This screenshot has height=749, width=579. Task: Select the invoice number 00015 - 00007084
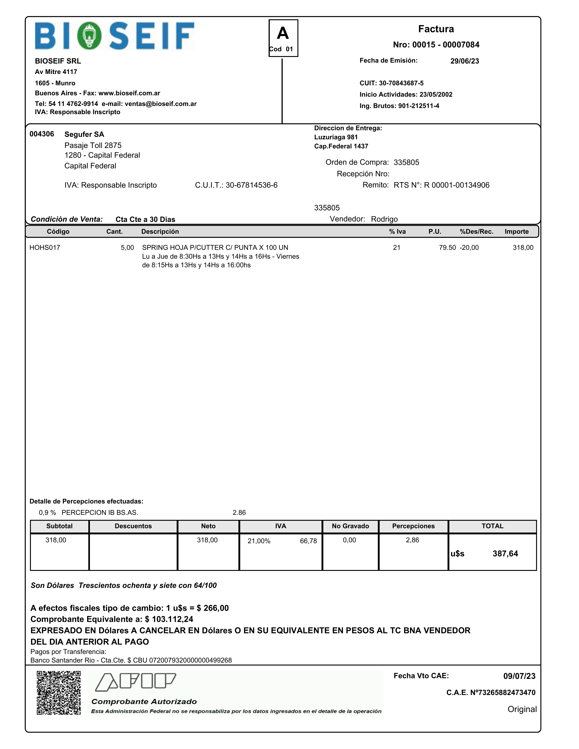(x=445, y=44)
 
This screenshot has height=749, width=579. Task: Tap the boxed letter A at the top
(x=283, y=34)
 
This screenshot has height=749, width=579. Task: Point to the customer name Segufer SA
(x=84, y=134)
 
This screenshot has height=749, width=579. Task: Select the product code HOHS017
(x=45, y=248)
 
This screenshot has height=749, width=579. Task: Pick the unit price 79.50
(x=447, y=248)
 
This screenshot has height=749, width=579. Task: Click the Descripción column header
(x=160, y=231)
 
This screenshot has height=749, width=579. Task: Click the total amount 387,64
(x=505, y=553)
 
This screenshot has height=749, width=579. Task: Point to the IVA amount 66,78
(x=308, y=541)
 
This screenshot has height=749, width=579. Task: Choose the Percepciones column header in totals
(x=413, y=526)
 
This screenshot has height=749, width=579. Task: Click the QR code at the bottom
(x=59, y=693)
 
